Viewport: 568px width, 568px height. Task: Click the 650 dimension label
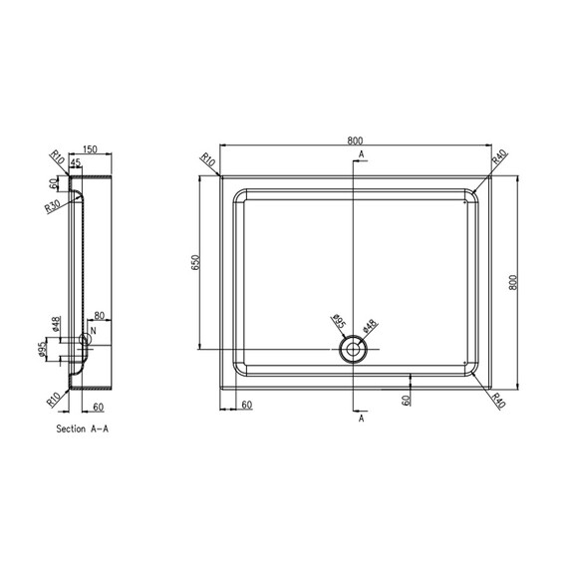click(x=195, y=263)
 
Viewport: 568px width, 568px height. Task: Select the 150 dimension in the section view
click(x=90, y=148)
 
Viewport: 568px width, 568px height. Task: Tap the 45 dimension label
click(x=76, y=162)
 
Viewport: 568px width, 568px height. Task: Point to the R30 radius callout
click(x=52, y=207)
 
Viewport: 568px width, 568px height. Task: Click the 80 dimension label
click(x=100, y=316)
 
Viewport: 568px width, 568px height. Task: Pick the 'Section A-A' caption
click(x=83, y=428)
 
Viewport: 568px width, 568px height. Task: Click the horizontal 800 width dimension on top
click(x=355, y=141)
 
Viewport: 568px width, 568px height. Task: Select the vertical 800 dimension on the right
click(x=513, y=282)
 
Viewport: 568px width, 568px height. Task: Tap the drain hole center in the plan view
click(x=353, y=349)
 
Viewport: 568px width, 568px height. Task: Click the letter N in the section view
click(x=94, y=331)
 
